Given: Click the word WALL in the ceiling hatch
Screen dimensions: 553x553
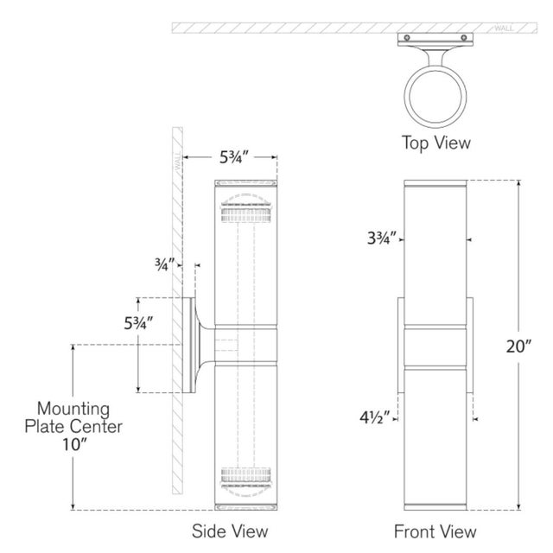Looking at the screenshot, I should click(505, 29).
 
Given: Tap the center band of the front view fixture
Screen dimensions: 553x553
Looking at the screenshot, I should click(436, 344).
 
